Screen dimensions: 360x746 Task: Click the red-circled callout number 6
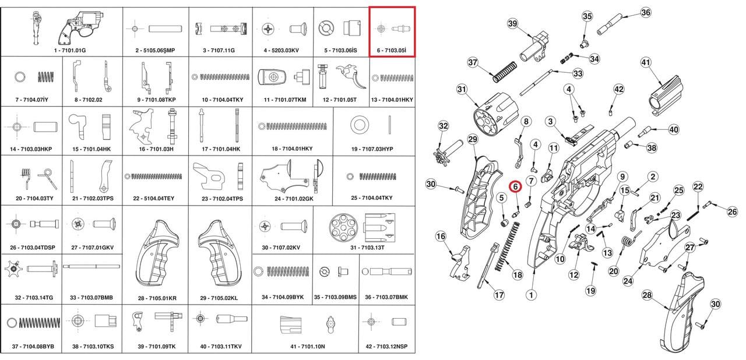[515, 186]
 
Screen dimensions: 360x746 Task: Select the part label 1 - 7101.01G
[70, 51]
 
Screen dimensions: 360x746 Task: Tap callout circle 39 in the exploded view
[513, 23]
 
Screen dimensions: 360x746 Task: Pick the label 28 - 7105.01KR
[157, 298]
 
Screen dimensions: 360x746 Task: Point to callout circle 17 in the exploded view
[499, 295]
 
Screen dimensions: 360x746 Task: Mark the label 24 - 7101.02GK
[290, 198]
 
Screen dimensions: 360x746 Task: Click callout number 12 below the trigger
[573, 274]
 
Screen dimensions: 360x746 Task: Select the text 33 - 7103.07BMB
[92, 298]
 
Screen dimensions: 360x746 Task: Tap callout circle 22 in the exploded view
[698, 186]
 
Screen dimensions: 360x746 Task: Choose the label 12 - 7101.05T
[340, 100]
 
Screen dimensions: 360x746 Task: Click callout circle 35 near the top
[587, 16]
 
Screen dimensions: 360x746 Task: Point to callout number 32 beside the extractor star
[444, 126]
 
